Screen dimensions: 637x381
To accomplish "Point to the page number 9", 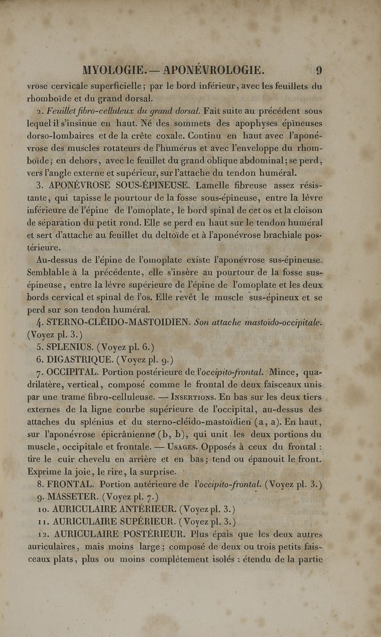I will (x=319, y=70).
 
